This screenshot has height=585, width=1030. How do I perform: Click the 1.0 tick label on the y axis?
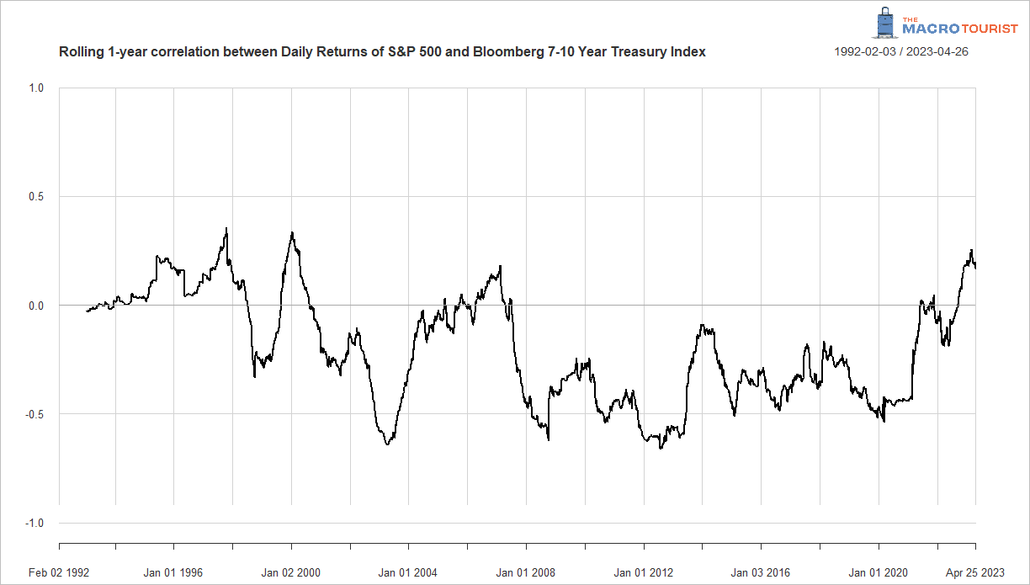36,88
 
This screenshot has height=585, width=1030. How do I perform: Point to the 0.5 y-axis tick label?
36,197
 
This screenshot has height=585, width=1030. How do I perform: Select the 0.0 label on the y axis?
36,306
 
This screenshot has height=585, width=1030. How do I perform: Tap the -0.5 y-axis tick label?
35,414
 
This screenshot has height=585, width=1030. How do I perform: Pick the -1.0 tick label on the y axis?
35,524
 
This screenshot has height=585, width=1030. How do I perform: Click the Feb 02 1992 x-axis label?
59,573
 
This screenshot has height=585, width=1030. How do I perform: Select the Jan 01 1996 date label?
173,573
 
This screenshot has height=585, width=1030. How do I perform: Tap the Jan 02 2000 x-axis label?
291,573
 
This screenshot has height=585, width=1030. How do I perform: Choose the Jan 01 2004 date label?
408,573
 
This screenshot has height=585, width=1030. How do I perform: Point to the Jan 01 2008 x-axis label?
526,573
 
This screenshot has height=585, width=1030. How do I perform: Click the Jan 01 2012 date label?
643,573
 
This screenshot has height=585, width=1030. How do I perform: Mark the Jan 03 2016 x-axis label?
761,573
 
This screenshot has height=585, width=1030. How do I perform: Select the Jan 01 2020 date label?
878,573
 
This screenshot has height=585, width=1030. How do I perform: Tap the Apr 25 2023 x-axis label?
975,573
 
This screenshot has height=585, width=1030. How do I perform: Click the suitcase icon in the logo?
884,24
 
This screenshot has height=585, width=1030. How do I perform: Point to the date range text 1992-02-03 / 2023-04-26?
900,52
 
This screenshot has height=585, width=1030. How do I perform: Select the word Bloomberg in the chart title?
493,52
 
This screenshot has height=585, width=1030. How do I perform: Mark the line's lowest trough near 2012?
661,448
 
